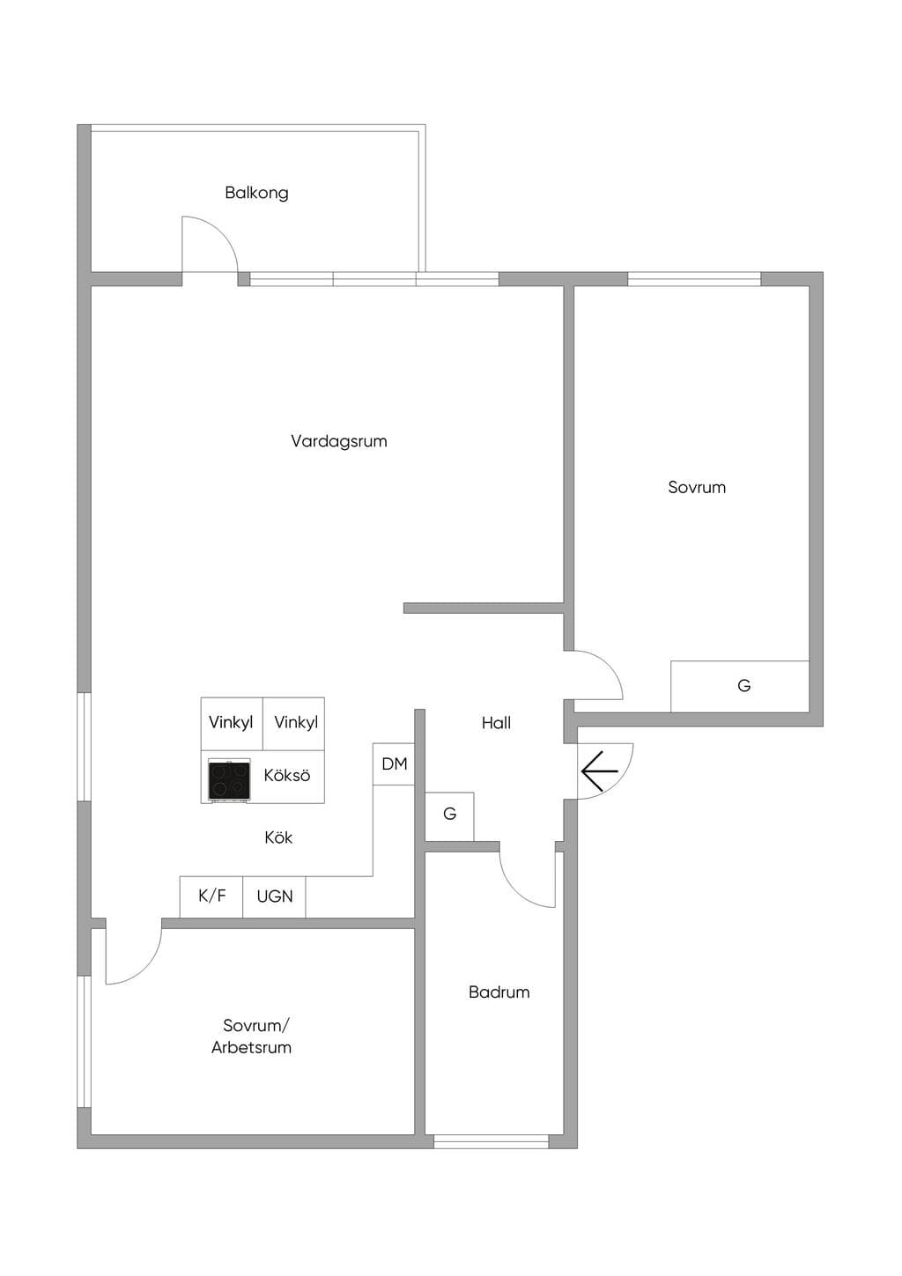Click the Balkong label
click(256, 193)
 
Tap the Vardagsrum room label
click(339, 441)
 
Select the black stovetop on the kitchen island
click(229, 780)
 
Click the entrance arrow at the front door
click(600, 771)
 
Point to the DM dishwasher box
click(394, 763)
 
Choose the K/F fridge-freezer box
click(211, 896)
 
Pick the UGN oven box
click(275, 896)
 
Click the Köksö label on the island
click(287, 775)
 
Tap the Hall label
click(496, 723)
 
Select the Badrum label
click(499, 992)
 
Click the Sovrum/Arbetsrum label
click(251, 1036)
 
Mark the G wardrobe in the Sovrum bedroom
click(740, 686)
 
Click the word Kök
click(278, 837)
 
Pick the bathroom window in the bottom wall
click(492, 1141)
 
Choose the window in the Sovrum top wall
click(694, 279)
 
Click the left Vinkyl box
click(232, 724)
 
